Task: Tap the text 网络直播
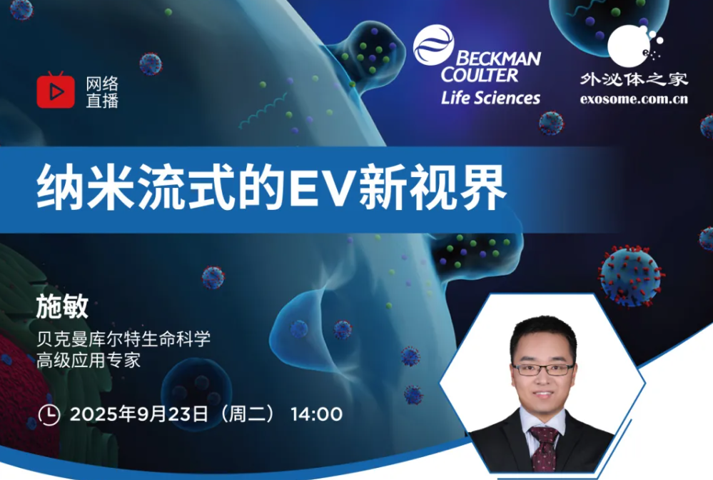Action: [102, 92]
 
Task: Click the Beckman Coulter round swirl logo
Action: [433, 44]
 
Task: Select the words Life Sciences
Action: [490, 98]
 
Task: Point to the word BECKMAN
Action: [498, 59]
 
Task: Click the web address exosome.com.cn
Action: [634, 99]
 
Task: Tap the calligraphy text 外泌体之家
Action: [634, 79]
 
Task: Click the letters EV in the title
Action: [321, 187]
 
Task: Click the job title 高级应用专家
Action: [89, 360]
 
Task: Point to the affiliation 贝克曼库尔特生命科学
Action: [123, 339]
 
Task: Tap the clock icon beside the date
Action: [49, 414]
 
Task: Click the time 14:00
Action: [316, 414]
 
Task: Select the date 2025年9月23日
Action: [139, 414]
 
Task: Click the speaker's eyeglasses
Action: [543, 369]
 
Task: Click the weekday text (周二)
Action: [247, 414]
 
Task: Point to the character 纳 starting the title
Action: [60, 187]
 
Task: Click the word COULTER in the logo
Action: [480, 75]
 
